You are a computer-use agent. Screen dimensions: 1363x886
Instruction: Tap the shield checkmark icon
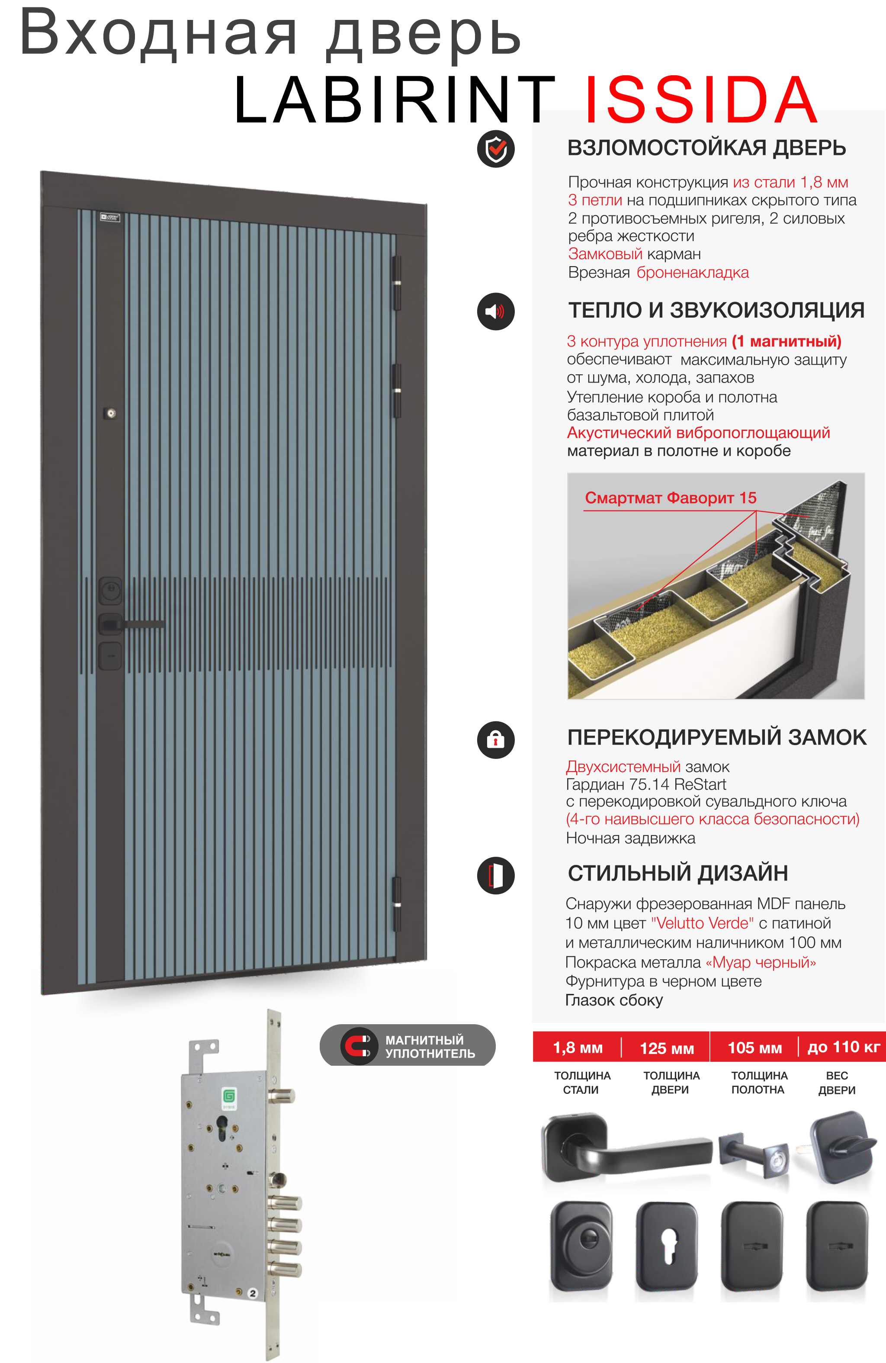(x=495, y=149)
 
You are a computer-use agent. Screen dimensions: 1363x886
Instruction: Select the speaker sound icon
(x=495, y=312)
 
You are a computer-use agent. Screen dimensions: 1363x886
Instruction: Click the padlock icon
(x=495, y=739)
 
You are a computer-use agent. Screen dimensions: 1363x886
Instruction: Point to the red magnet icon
(x=359, y=1046)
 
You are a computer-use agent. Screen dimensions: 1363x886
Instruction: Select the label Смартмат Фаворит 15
(x=670, y=498)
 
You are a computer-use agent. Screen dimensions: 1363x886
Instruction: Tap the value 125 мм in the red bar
(x=667, y=1048)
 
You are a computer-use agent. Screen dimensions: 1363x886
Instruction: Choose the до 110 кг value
(x=843, y=1048)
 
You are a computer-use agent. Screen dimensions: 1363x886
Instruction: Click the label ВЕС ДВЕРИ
(x=837, y=1082)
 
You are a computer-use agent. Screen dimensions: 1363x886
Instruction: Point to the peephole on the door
(x=111, y=413)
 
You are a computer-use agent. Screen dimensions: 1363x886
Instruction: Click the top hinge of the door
(x=396, y=283)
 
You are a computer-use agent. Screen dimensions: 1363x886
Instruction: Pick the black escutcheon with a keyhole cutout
(x=667, y=1245)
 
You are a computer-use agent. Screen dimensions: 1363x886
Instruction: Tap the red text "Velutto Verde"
(x=702, y=923)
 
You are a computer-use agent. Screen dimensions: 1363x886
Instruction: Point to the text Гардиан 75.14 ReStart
(x=645, y=784)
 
